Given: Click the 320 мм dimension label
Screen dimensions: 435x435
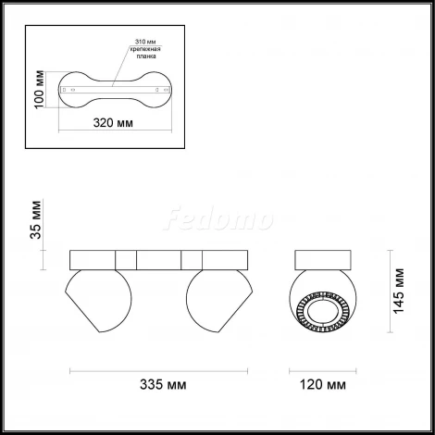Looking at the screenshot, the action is point(113,123).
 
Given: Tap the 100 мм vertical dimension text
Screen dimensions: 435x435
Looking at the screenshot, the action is point(39,90).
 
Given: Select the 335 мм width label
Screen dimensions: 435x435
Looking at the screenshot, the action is point(163,384).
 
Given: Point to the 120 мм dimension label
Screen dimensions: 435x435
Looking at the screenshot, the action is point(323,384).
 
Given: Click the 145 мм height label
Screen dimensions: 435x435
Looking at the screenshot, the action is point(398,291).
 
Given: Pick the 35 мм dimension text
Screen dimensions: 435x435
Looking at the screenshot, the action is point(35,219).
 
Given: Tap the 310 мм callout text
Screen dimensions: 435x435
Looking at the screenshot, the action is point(145,42).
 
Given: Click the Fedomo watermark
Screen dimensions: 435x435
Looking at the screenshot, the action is point(218,218).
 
